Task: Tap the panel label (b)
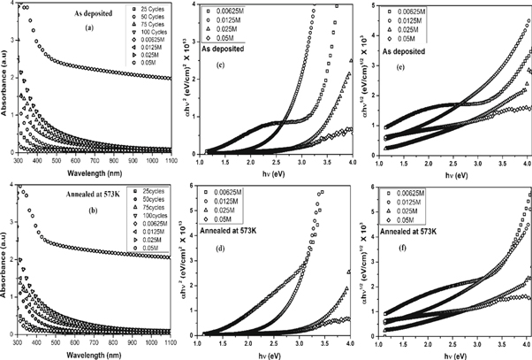tap(88, 213)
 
